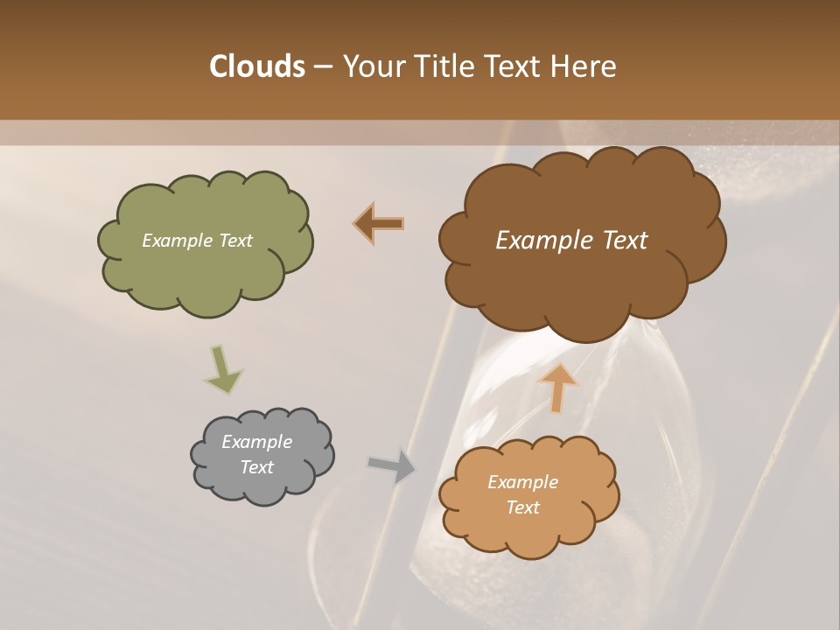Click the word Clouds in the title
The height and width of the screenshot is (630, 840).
point(256,66)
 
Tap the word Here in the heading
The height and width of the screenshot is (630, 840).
point(584,66)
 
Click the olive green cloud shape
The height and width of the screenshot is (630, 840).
point(206,271)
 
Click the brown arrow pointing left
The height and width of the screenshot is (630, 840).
point(380,224)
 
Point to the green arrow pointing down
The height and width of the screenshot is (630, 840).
point(222,368)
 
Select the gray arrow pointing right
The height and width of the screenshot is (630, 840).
point(392,465)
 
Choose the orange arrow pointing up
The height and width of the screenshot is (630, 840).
point(557,386)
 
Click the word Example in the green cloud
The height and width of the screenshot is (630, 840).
point(175,241)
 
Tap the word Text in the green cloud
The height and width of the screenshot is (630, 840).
point(234,241)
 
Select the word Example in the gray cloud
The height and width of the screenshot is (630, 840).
point(256,442)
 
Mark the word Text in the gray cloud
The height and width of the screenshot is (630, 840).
point(256,467)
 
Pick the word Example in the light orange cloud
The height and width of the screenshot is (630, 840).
point(522,482)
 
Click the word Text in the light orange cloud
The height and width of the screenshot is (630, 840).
point(522,507)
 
